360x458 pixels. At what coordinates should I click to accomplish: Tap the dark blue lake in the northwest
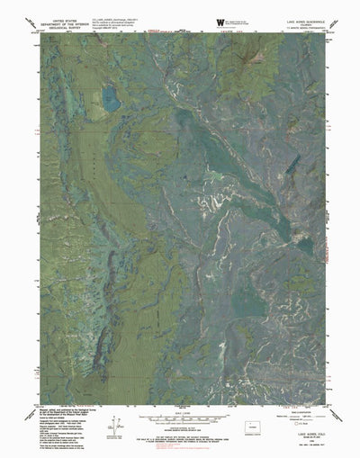click(x=112, y=97)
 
